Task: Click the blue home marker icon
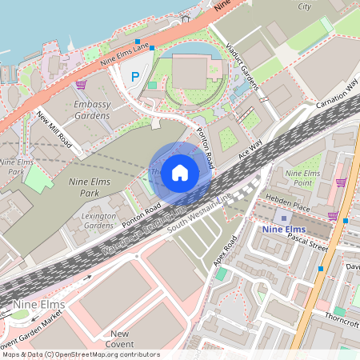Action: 180,171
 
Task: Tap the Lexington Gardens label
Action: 98,220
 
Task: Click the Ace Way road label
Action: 250,150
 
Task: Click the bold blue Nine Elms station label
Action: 284,230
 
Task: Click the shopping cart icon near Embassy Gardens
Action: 80,84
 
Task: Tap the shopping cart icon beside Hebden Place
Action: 332,215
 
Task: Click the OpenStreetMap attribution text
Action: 80,354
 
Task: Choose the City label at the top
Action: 304,6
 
